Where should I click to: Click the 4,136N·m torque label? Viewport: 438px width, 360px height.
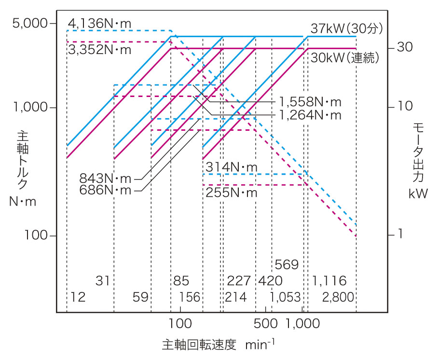(x=99, y=23)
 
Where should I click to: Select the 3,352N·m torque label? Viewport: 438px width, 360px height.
(x=99, y=50)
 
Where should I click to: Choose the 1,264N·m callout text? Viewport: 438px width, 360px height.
(x=310, y=115)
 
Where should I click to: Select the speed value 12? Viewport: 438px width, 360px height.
(x=78, y=297)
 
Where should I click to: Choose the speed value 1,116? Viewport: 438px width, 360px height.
(x=329, y=281)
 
